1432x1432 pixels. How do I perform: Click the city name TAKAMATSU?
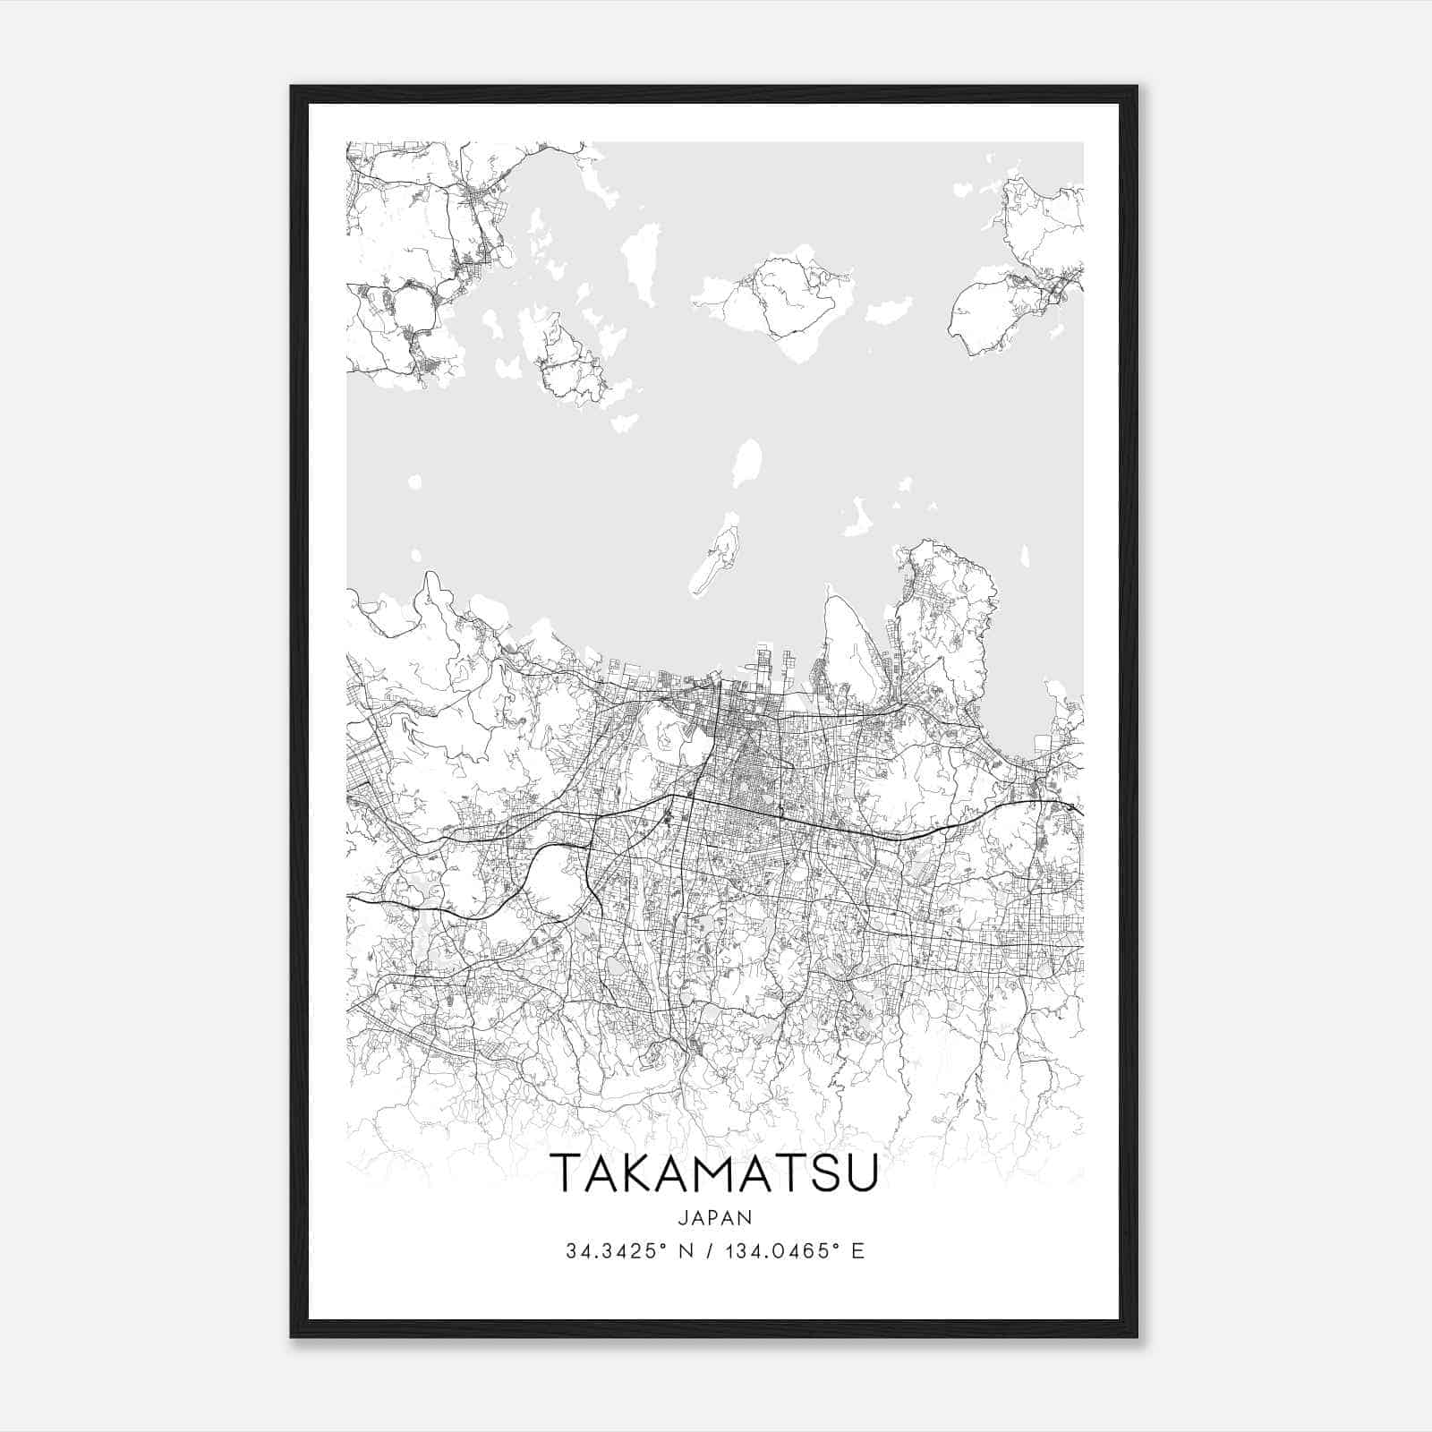[715, 1173]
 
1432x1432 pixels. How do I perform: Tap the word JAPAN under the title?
[715, 1217]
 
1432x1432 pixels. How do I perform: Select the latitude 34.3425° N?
[626, 1251]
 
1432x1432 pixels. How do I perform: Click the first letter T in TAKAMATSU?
[566, 1173]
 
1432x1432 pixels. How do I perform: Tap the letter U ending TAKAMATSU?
[865, 1173]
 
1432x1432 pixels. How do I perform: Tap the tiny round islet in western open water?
[414, 483]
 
